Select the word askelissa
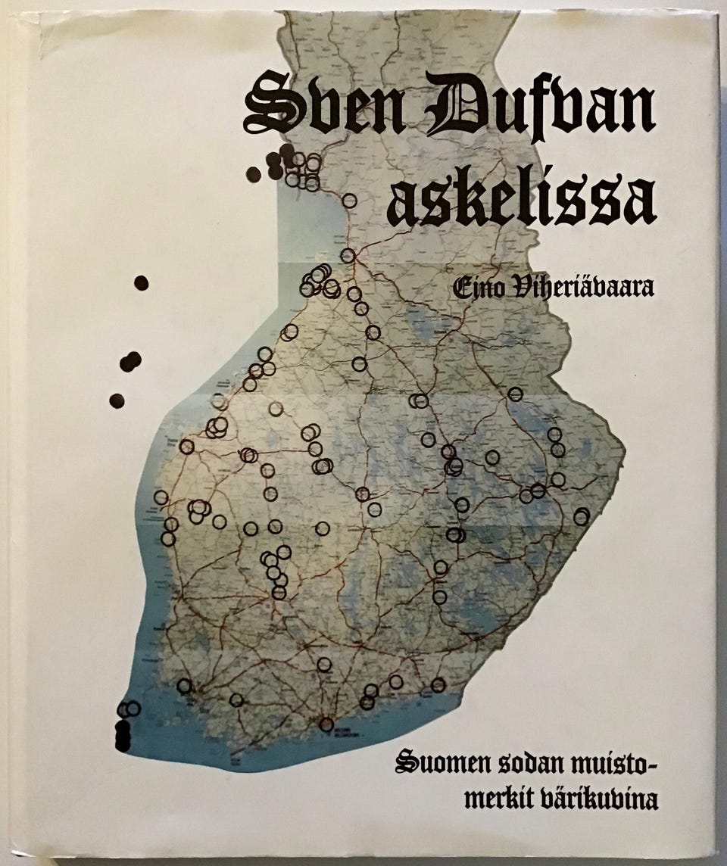coord(521,198)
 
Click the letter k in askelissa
coord(469,198)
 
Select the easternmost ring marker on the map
coord(582,516)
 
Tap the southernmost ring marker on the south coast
coord(326,724)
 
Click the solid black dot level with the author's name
coord(141,282)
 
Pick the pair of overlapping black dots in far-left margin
coord(130,361)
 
